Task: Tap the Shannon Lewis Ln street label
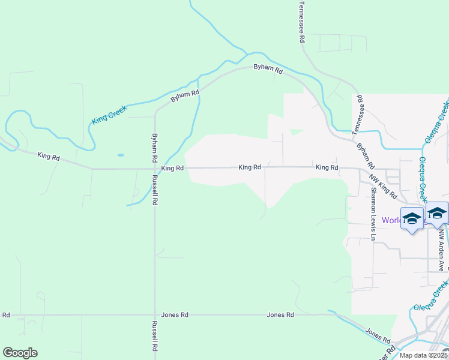click(x=373, y=214)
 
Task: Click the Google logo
click(x=20, y=353)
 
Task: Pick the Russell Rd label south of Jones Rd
click(x=154, y=336)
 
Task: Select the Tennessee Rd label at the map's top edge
click(x=302, y=22)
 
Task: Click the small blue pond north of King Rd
click(x=121, y=155)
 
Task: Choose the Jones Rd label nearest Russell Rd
click(x=175, y=314)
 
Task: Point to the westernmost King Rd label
click(x=49, y=156)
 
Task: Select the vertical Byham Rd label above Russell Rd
click(x=154, y=148)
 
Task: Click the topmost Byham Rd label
click(x=268, y=69)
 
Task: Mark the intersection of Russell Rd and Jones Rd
click(x=155, y=314)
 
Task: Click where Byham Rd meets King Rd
click(x=155, y=169)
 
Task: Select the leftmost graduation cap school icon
click(x=412, y=218)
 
